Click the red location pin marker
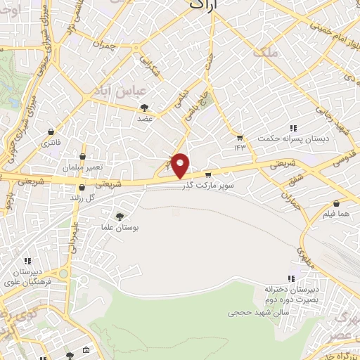click(181, 166)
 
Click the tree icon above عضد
click(145, 108)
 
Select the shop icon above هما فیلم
click(336, 198)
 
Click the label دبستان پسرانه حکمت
click(282, 138)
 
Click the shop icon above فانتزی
click(51, 131)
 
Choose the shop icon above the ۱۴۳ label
click(240, 137)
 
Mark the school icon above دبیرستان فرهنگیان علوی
click(27, 261)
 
